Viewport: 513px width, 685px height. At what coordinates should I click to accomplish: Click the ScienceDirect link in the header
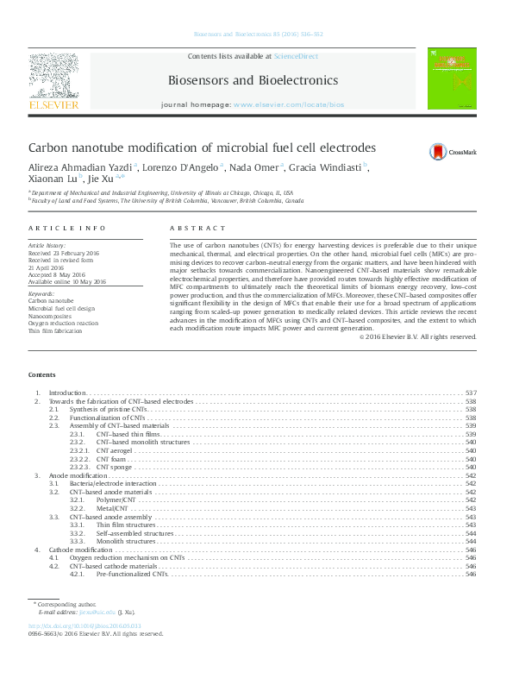(x=296, y=55)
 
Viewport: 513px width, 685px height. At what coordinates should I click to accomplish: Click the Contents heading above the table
(x=41, y=375)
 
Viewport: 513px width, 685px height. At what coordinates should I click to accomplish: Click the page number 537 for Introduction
(x=471, y=393)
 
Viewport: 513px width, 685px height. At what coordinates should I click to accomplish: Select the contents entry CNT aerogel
(x=115, y=451)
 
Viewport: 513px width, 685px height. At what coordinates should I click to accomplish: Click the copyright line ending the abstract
(x=417, y=336)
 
